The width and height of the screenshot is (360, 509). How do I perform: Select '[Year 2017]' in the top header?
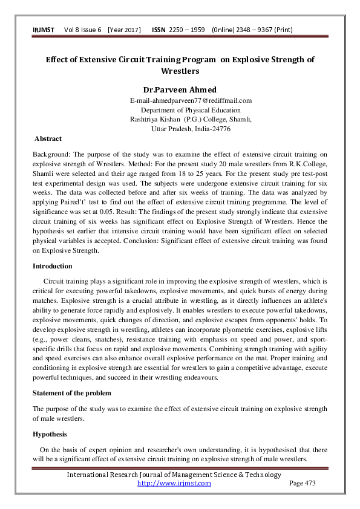[x=124, y=30]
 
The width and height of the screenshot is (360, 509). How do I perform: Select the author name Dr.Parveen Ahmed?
[x=180, y=89]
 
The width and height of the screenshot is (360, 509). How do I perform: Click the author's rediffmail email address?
[x=191, y=100]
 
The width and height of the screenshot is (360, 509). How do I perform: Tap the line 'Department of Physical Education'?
[x=191, y=110]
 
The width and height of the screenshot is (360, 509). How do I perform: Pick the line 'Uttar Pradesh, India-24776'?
[x=191, y=129]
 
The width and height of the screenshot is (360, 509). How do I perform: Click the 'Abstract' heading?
[x=48, y=138]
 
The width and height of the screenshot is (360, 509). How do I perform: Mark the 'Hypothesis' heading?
[x=49, y=434]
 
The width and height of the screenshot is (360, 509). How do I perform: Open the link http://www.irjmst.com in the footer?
[x=174, y=483]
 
